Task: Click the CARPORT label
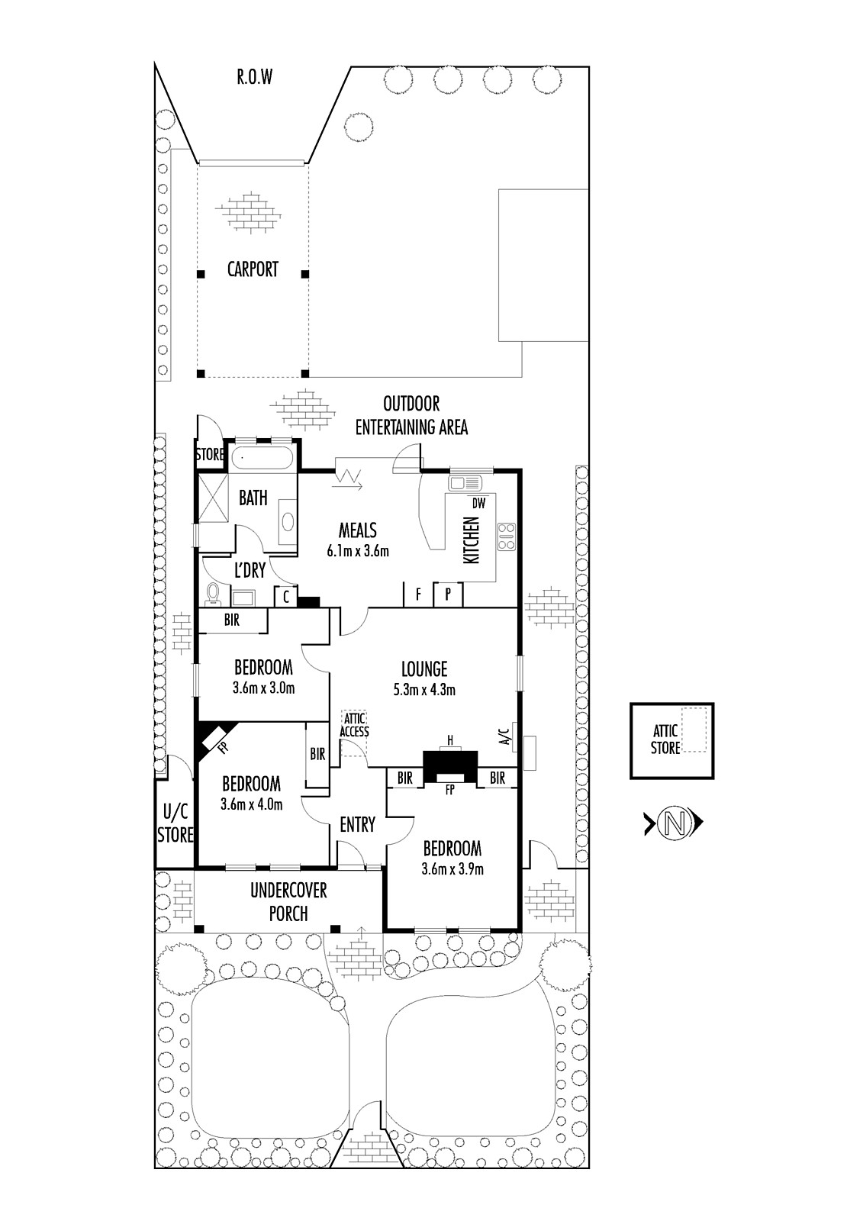253,269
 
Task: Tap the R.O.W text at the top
255,77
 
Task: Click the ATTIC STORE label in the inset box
665,739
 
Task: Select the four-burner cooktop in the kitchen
507,537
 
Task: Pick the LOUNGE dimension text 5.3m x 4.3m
425,690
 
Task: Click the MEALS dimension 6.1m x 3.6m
358,551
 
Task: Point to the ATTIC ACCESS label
354,726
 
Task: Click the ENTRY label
358,825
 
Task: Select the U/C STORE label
175,823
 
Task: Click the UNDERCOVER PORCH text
288,902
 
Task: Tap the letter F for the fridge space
418,594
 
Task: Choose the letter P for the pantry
448,594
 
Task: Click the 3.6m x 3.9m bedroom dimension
452,869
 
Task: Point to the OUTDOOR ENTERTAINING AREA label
411,415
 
